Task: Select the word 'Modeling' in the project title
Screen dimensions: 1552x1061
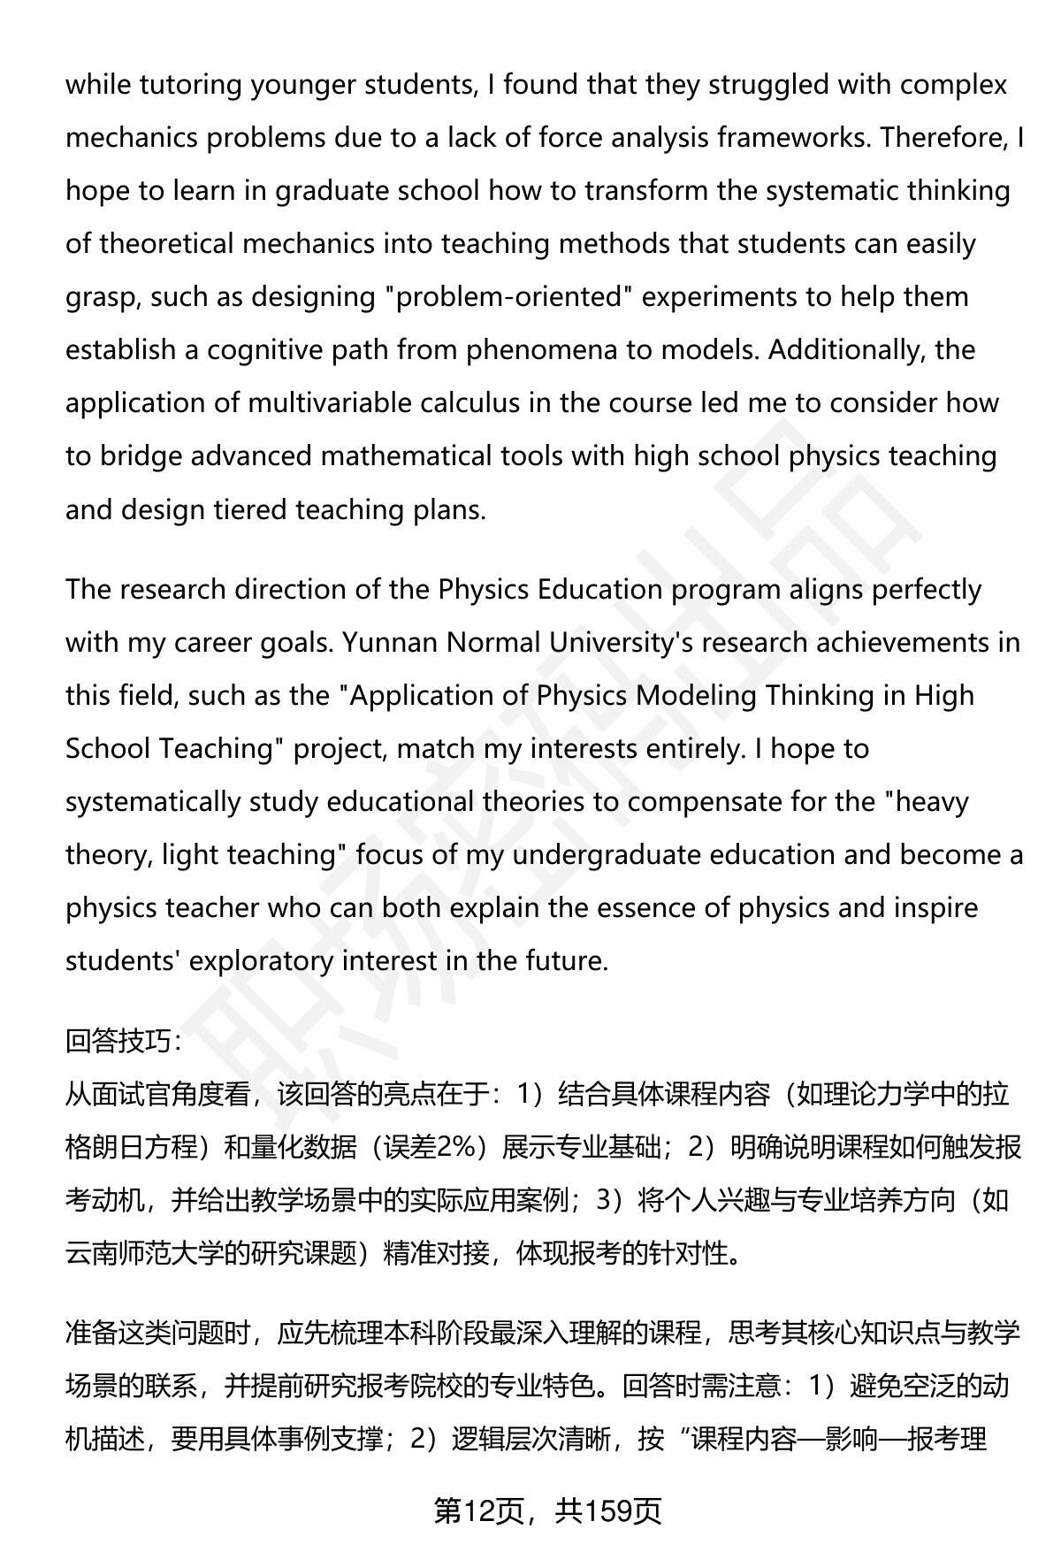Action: pyautogui.click(x=696, y=696)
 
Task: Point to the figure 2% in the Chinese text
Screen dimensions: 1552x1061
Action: pyautogui.click(x=453, y=1148)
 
